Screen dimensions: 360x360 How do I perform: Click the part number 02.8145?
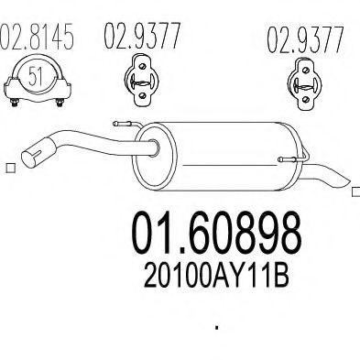pyautogui.click(x=37, y=36)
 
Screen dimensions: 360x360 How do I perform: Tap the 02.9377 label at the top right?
pyautogui.click(x=306, y=40)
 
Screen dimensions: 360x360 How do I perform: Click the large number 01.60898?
pyautogui.click(x=216, y=234)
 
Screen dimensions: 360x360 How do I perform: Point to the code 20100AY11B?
pyautogui.click(x=216, y=277)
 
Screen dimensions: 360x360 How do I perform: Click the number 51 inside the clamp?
pyautogui.click(x=35, y=76)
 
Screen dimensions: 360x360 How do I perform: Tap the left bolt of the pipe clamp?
pyautogui.click(x=15, y=103)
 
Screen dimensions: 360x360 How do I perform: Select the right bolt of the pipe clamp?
pyautogui.click(x=60, y=103)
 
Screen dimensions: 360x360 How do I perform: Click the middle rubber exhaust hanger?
pyautogui.click(x=142, y=80)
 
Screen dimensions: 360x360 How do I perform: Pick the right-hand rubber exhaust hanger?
pyautogui.click(x=305, y=84)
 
